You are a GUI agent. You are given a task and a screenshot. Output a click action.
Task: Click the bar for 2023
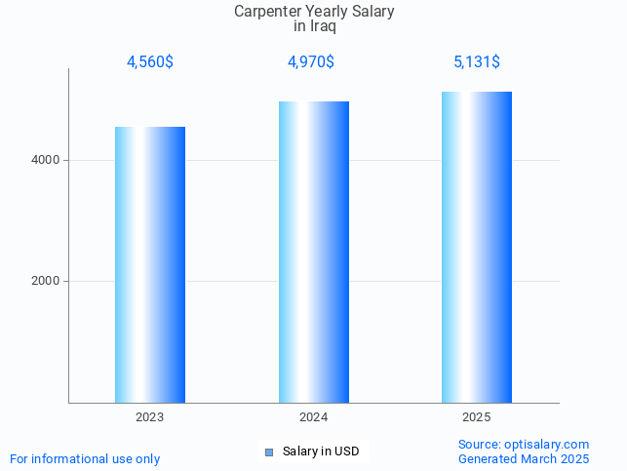tap(150, 264)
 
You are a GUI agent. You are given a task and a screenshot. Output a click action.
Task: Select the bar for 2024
tap(314, 252)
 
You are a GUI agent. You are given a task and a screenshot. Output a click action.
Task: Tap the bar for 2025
tap(477, 247)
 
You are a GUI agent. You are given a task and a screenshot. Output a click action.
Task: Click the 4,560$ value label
tap(150, 62)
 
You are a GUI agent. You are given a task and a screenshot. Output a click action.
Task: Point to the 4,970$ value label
tap(311, 62)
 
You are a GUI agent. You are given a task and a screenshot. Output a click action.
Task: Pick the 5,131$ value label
tap(477, 62)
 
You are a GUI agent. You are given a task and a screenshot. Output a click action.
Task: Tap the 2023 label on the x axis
tap(150, 417)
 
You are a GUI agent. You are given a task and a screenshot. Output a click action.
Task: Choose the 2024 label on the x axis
tap(314, 417)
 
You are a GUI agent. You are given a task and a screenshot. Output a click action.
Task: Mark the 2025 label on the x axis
tap(477, 417)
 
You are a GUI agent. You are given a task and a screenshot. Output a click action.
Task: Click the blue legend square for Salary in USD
tap(269, 451)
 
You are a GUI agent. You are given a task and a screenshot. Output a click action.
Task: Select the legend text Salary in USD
tap(321, 451)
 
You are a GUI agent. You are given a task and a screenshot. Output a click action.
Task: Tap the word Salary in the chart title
tap(372, 12)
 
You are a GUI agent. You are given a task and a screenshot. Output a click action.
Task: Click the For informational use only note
tap(85, 458)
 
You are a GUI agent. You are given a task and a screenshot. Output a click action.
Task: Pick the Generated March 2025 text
tap(524, 458)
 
